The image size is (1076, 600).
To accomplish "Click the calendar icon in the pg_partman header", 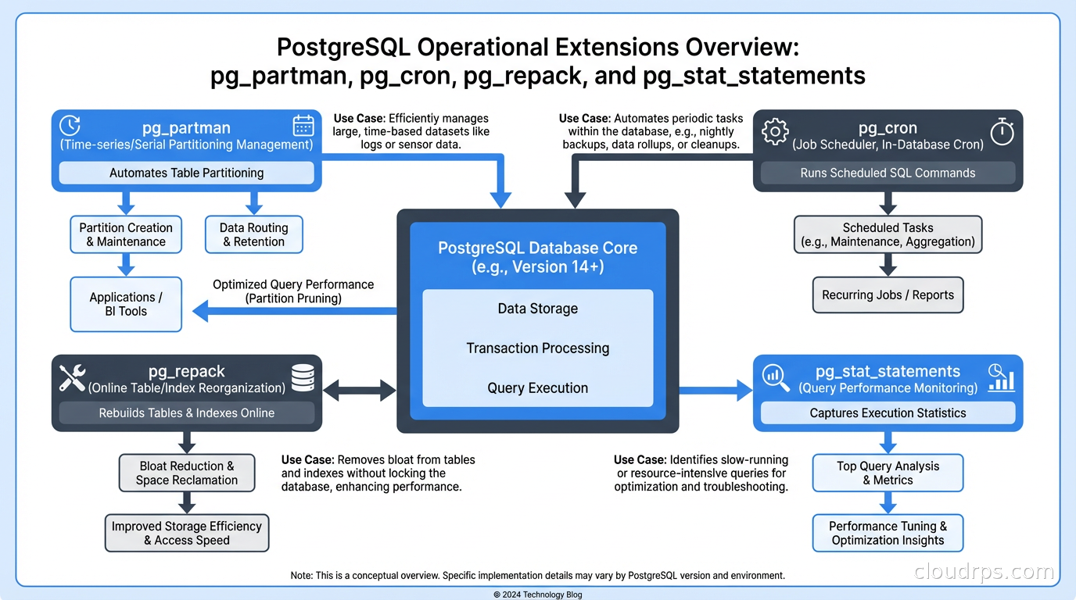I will click(x=303, y=127).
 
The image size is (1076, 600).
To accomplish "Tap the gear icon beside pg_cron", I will click(x=774, y=132).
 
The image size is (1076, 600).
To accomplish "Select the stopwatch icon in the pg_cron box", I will click(x=1002, y=131).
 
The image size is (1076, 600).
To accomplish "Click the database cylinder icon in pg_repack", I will click(x=303, y=377).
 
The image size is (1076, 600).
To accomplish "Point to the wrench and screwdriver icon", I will click(x=73, y=378).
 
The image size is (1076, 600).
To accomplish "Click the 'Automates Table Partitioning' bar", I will click(x=186, y=173).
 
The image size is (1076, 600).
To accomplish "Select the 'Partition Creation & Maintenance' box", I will click(x=126, y=234).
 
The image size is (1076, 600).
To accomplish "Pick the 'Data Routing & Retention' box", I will click(x=253, y=234).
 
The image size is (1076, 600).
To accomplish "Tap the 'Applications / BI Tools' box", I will click(x=126, y=304).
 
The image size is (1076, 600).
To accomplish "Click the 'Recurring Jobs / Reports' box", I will click(x=888, y=295).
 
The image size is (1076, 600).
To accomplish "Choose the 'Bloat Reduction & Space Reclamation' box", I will click(x=186, y=473).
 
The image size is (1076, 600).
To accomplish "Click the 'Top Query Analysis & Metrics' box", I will click(x=888, y=473).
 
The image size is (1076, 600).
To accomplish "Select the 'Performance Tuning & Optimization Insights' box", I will click(x=888, y=533).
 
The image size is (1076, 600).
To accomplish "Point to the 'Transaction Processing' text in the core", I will click(x=537, y=348).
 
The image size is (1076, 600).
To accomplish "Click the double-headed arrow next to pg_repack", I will click(x=360, y=390).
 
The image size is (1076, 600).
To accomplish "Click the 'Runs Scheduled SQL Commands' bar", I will click(x=888, y=173).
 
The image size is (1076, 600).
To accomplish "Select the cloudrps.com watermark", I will click(x=984, y=572).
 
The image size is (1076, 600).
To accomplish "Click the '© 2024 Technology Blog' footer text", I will click(x=537, y=595).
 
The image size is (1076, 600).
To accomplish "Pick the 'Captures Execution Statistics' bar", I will click(x=888, y=412).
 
